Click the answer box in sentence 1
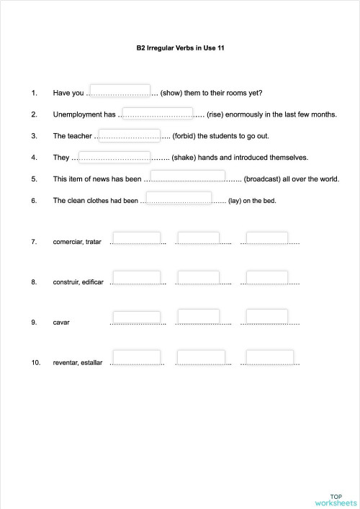[x=119, y=91]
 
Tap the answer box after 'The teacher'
[x=128, y=133]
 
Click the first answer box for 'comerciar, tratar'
[x=136, y=238]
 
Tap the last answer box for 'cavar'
[x=266, y=316]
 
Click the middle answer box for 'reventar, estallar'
[x=200, y=357]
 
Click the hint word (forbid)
[x=186, y=135]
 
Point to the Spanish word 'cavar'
[x=61, y=322]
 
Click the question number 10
[x=36, y=362]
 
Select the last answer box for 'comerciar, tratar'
[x=266, y=238]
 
